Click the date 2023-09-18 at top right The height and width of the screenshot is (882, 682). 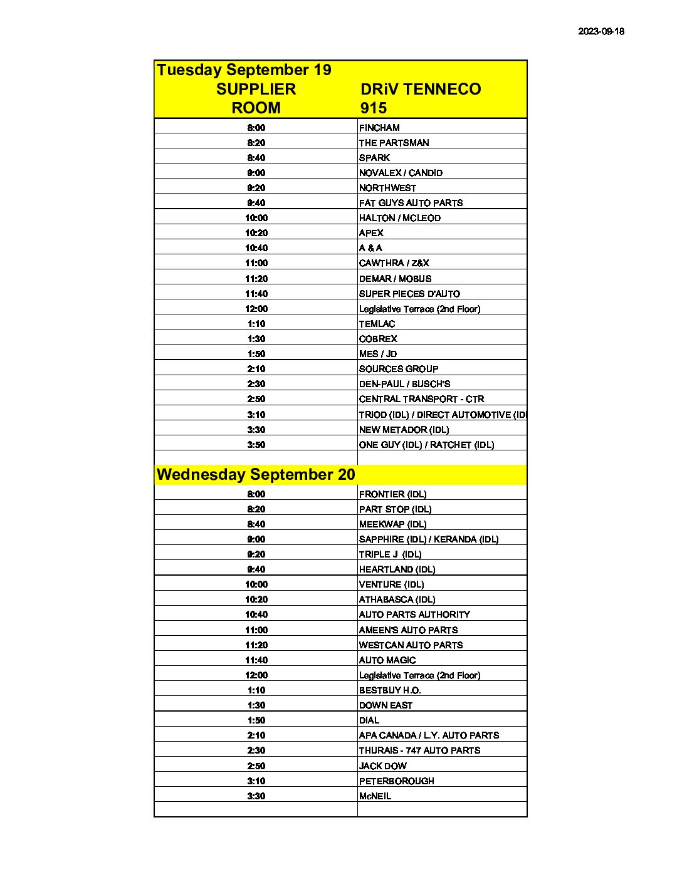click(601, 31)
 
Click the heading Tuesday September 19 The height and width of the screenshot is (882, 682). click(244, 70)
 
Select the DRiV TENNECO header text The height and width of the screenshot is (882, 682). click(421, 89)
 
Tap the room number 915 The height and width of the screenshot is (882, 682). click(373, 108)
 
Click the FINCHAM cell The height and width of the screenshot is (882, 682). click(379, 128)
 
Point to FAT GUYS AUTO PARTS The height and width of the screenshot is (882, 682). click(411, 203)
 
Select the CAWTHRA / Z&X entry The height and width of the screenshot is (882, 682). click(394, 263)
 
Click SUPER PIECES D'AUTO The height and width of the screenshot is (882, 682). click(409, 294)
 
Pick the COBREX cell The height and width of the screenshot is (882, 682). click(378, 339)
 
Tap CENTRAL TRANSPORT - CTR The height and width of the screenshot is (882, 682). click(421, 399)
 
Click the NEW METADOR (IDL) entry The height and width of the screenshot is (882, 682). click(404, 430)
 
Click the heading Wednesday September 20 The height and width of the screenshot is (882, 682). click(256, 474)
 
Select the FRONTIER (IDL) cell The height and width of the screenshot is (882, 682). click(392, 494)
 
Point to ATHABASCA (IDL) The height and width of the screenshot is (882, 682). click(397, 599)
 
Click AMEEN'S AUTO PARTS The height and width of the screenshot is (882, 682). click(408, 630)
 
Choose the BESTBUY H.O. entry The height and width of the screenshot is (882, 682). click(390, 690)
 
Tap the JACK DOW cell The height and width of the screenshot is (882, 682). click(382, 766)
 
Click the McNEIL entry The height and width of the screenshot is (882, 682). click(375, 796)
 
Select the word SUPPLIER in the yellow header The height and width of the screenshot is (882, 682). click(256, 89)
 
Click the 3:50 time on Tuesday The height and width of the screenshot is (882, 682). click(256, 445)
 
